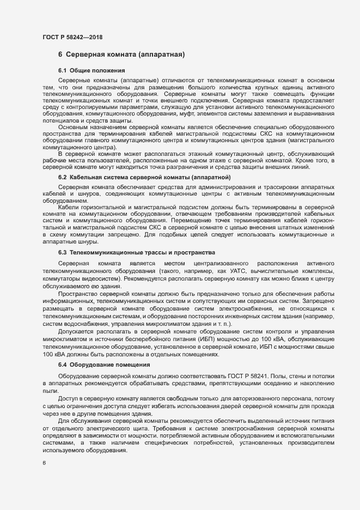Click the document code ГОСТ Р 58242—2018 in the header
tap(72, 37)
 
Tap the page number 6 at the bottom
tap(44, 463)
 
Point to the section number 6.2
tap(62, 178)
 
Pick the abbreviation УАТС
tap(236, 270)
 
